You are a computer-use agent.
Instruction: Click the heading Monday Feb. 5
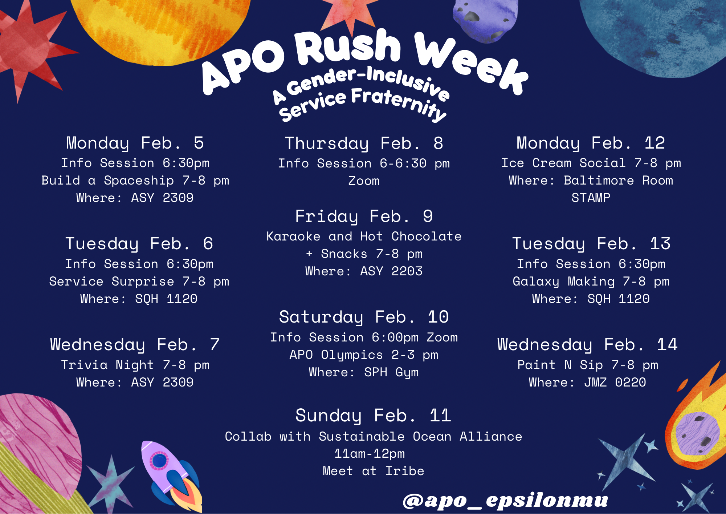click(135, 143)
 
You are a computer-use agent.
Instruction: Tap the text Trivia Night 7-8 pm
click(135, 365)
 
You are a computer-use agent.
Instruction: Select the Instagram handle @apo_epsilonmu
click(505, 501)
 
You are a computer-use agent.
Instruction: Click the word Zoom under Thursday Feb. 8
click(364, 181)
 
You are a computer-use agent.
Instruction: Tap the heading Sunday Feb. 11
click(373, 416)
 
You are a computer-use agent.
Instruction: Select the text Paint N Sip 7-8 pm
click(587, 365)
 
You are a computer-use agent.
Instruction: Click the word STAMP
click(591, 198)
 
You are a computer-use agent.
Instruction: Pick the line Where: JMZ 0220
click(587, 382)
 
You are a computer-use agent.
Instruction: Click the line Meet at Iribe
click(373, 471)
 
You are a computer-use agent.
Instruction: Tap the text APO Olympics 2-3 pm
click(364, 355)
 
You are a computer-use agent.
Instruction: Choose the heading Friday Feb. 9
click(364, 216)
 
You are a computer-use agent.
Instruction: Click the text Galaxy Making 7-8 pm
click(591, 282)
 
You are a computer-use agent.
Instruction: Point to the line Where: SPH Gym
click(364, 372)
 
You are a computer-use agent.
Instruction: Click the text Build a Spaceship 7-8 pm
click(135, 181)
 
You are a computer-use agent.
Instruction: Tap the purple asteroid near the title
click(485, 20)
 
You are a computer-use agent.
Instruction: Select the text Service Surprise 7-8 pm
click(139, 282)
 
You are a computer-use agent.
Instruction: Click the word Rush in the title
click(348, 49)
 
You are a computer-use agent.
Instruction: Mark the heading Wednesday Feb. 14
click(587, 345)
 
